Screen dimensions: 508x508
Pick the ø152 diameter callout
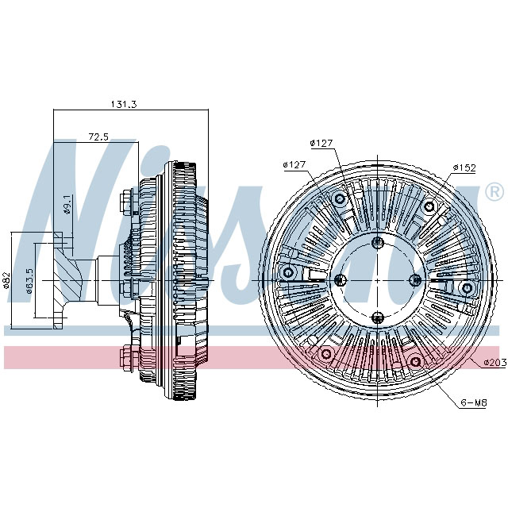coord(464,167)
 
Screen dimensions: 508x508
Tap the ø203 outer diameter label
coord(494,362)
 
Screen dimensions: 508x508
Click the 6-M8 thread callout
coord(473,403)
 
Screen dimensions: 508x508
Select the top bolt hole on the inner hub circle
coord(378,243)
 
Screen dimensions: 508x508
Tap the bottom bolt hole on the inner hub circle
coord(378,316)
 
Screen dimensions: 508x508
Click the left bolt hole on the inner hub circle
coord(341,279)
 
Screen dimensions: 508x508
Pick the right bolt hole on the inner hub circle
coord(414,279)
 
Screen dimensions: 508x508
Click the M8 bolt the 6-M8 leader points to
coord(414,362)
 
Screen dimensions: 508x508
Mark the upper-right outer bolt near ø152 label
coord(429,208)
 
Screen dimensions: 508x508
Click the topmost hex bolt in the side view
coord(126,201)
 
